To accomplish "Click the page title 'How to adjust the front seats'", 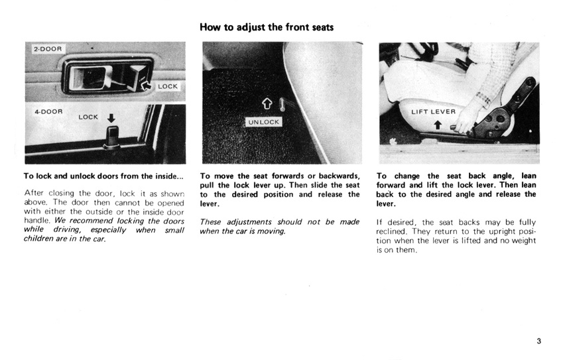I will pyautogui.click(x=267, y=27).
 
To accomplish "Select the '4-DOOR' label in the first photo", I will pyautogui.click(x=48, y=111).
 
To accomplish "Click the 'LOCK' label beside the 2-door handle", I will pyautogui.click(x=167, y=87).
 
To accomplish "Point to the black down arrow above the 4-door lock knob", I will pyautogui.click(x=111, y=119).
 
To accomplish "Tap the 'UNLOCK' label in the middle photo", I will pyautogui.click(x=264, y=122).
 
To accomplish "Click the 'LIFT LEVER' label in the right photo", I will pyautogui.click(x=434, y=111).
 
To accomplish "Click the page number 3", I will pyautogui.click(x=539, y=341).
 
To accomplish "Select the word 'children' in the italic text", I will pyautogui.click(x=42, y=239).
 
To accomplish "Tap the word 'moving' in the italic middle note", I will pyautogui.click(x=272, y=231).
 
